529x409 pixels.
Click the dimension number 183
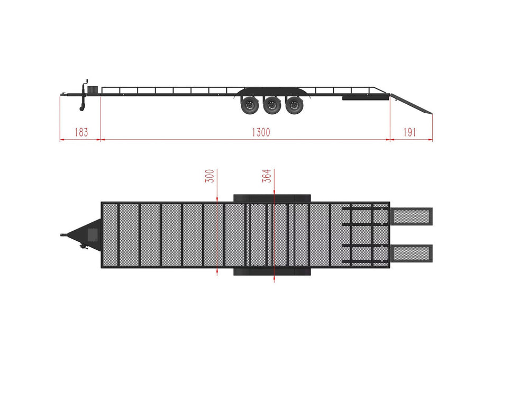click(x=80, y=132)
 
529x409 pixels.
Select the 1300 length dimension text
click(x=260, y=132)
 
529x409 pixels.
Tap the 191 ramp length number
click(x=409, y=132)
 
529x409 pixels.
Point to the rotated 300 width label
click(x=209, y=176)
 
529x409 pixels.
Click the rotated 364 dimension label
click(x=267, y=176)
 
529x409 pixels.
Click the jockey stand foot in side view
click(x=82, y=109)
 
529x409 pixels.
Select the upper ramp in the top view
click(x=412, y=215)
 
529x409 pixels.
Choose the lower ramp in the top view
click(x=412, y=252)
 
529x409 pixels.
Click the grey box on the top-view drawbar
click(x=93, y=234)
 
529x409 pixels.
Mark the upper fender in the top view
click(x=272, y=197)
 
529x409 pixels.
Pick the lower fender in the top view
click(x=272, y=271)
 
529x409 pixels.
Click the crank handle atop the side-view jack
click(x=85, y=83)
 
